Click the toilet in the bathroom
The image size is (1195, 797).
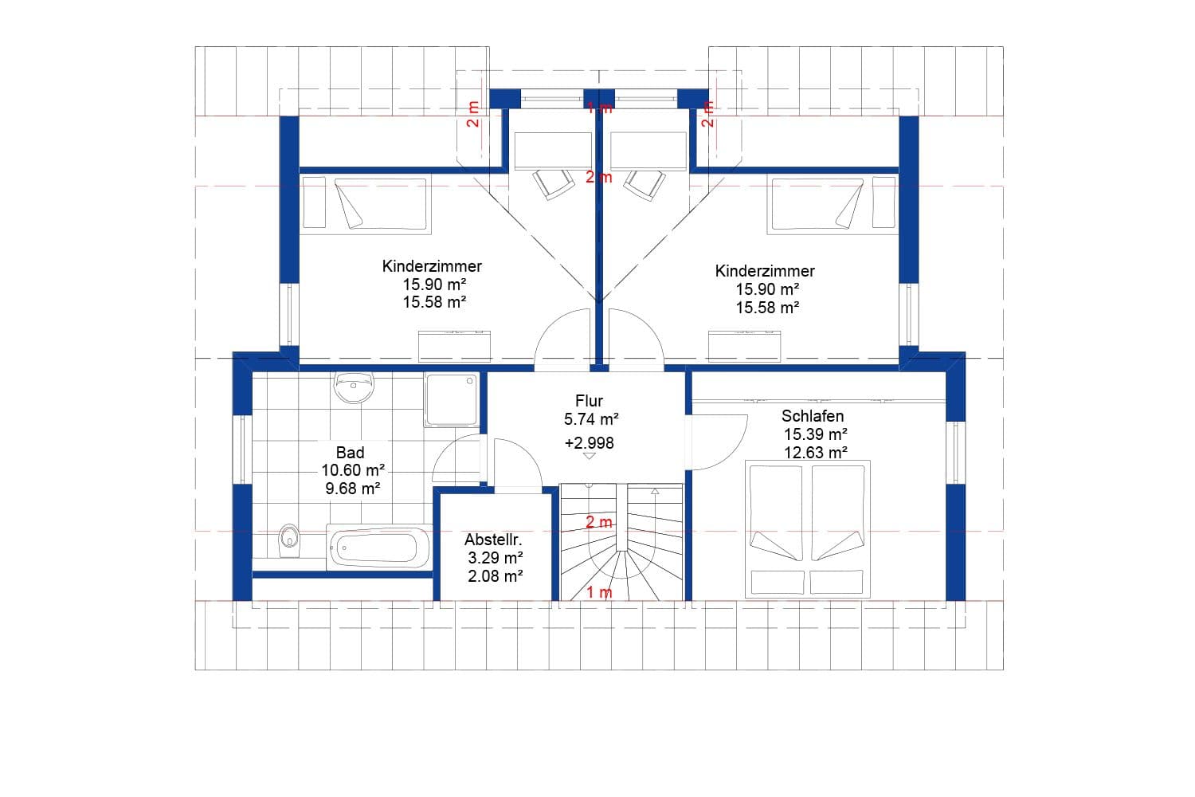coord(290,540)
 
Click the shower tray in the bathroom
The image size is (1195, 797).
coord(452,399)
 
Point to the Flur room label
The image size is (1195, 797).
coord(589,401)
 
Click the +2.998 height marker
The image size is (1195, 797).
coord(589,443)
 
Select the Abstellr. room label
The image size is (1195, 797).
coord(493,540)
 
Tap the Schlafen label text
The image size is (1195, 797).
coord(812,416)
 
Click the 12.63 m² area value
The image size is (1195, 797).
coord(815,453)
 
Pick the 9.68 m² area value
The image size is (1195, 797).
coord(352,489)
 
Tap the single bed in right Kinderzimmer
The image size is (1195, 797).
coord(832,205)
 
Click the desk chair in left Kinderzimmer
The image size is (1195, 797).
coord(553,183)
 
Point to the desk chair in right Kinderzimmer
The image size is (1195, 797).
coord(645,183)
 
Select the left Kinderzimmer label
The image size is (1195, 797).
coord(432,266)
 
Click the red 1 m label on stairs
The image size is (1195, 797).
coord(599,592)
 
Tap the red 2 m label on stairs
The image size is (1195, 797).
coord(599,523)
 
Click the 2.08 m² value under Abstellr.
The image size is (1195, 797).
coord(495,575)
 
